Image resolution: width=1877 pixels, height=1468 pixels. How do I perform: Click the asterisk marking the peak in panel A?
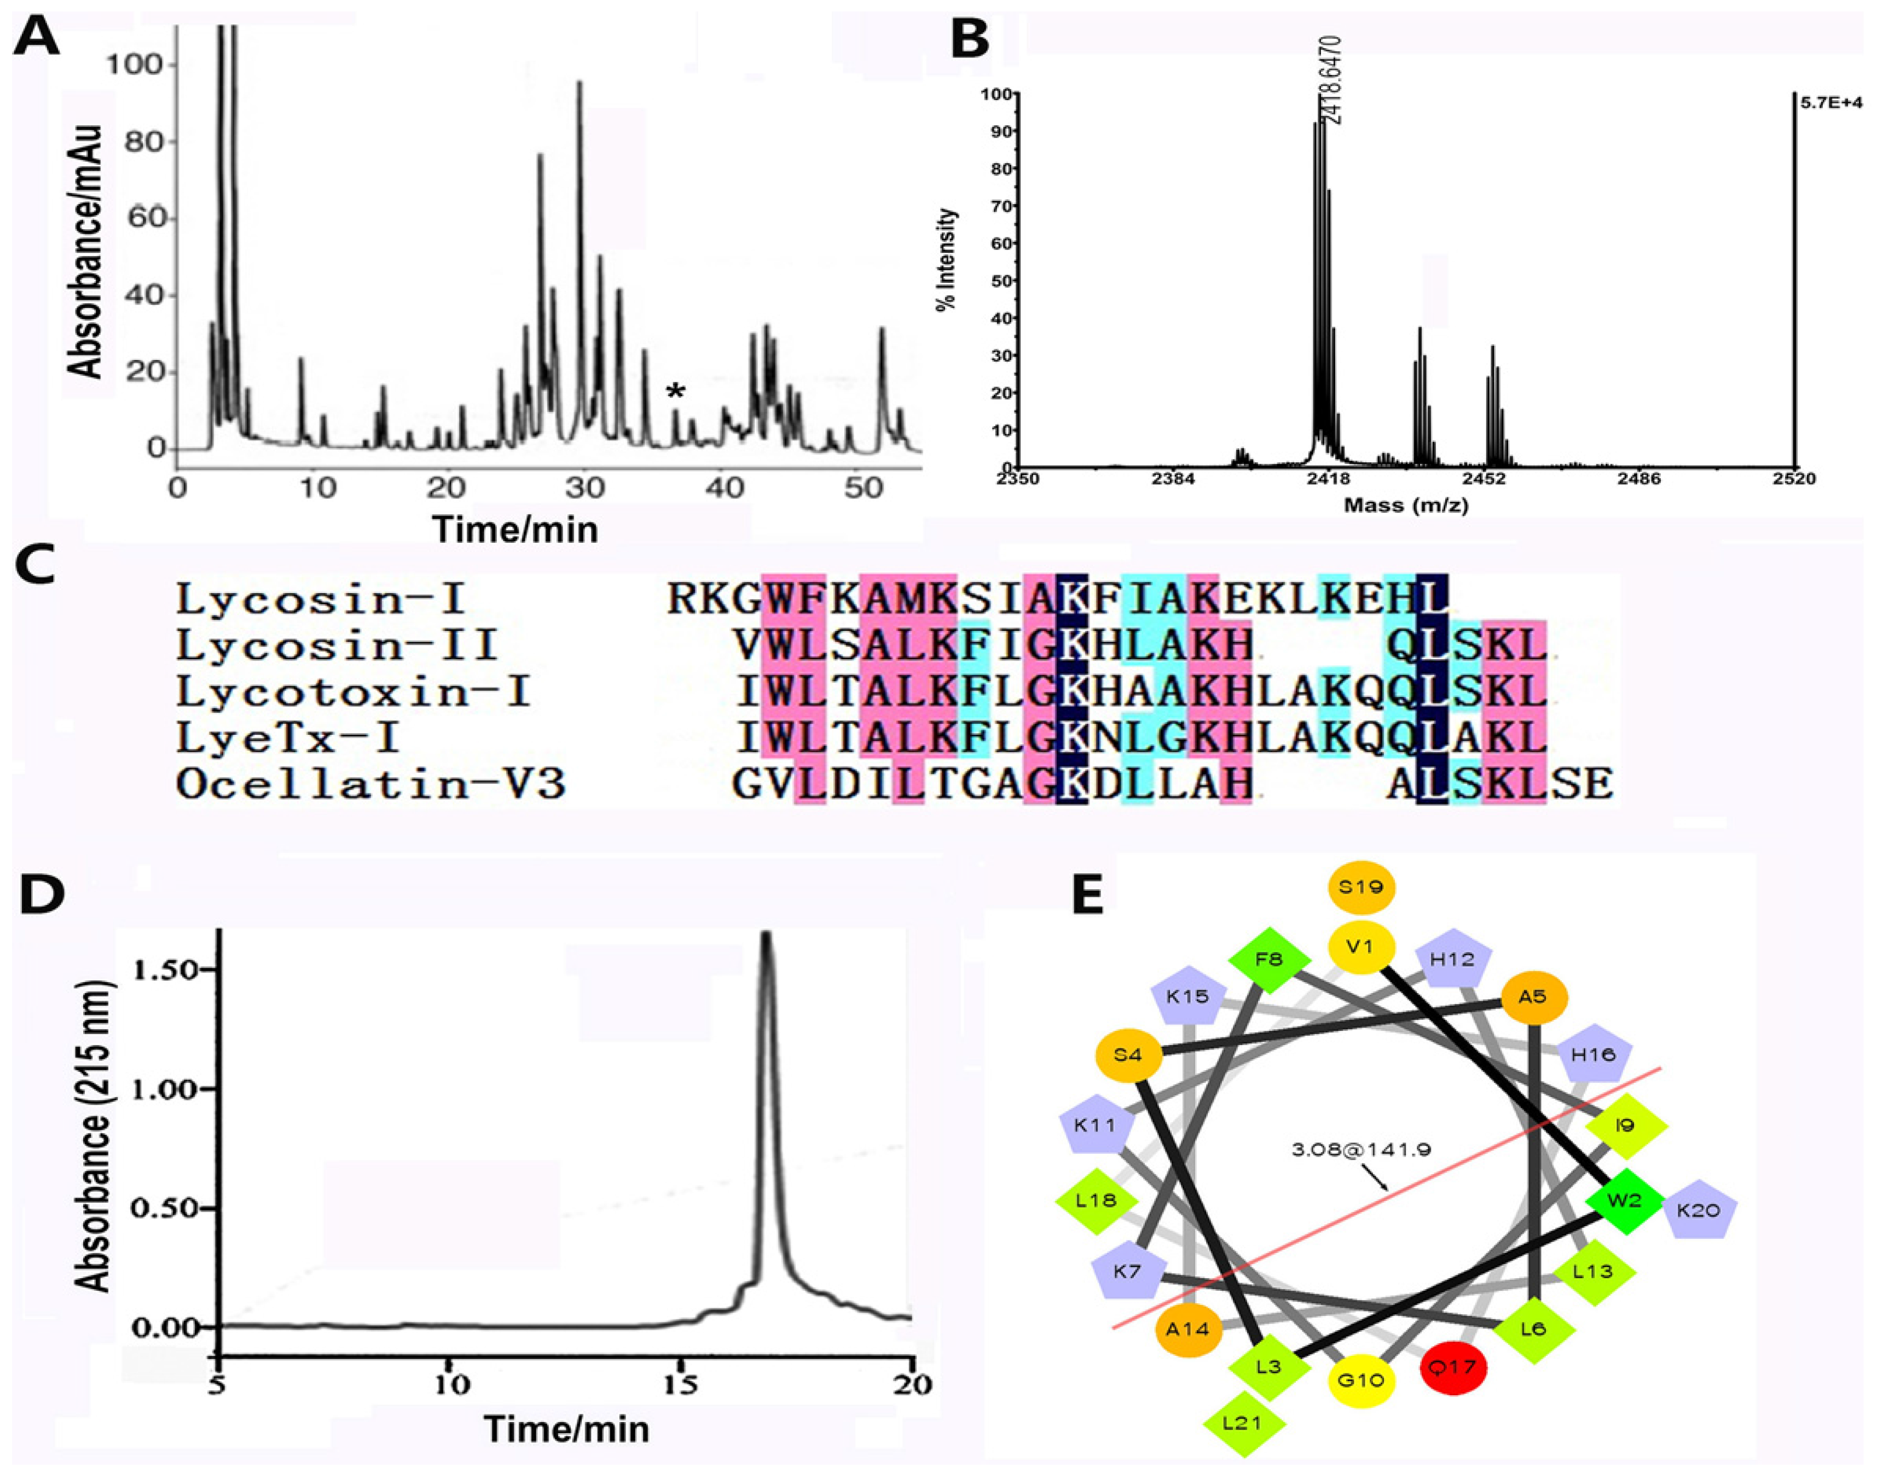pos(676,392)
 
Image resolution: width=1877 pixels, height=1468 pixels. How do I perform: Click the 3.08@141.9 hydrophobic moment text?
pos(1360,1149)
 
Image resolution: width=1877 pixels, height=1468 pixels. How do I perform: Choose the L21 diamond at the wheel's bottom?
pos(1243,1423)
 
